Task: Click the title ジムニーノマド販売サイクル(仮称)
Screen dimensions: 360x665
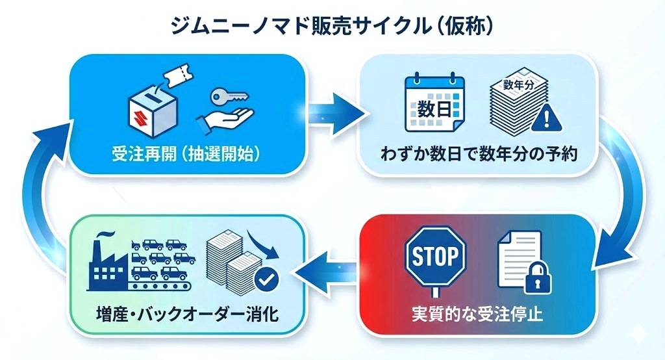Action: pyautogui.click(x=332, y=26)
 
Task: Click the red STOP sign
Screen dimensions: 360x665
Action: pyautogui.click(x=436, y=257)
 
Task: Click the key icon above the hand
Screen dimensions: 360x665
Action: pyautogui.click(x=227, y=97)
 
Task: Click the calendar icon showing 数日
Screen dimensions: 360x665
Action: pyautogui.click(x=434, y=104)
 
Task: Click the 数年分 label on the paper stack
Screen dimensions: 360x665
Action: pyautogui.click(x=518, y=84)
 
